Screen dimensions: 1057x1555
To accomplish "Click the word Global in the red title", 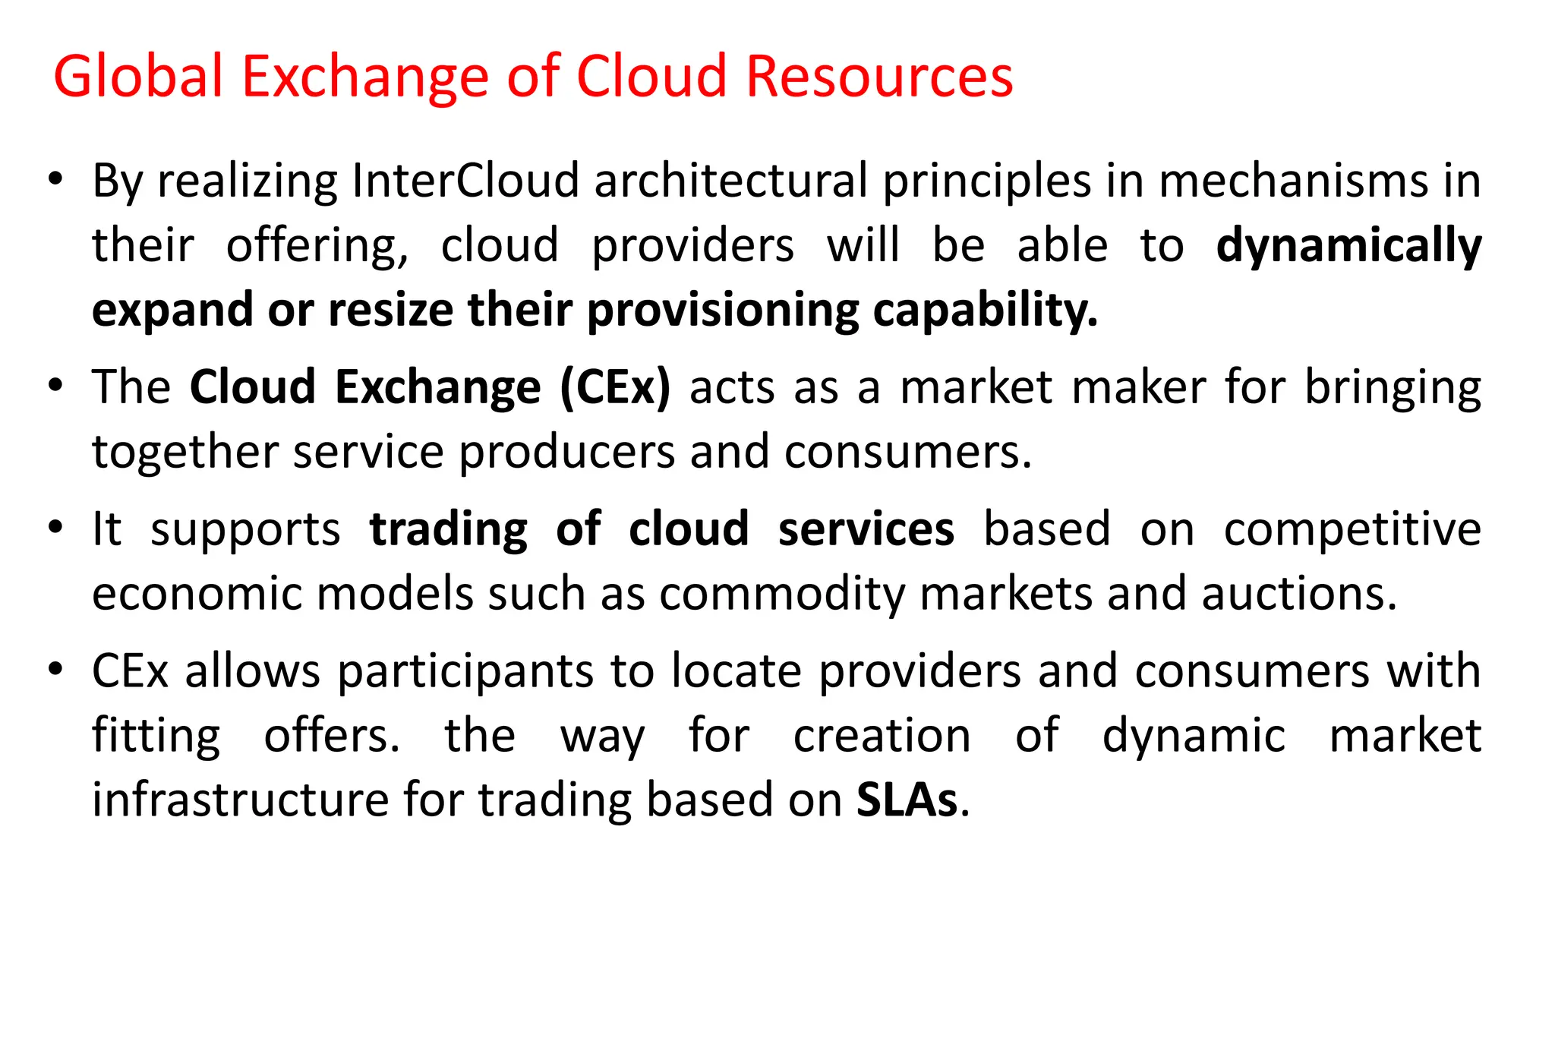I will pyautogui.click(x=138, y=76).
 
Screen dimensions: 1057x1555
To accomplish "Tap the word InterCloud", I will pyautogui.click(x=465, y=181).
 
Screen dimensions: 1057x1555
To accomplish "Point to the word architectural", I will pyautogui.click(x=730, y=181).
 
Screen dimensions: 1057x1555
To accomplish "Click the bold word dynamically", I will pyautogui.click(x=1348, y=246).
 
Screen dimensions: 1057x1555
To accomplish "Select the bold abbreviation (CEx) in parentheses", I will pyautogui.click(x=615, y=387).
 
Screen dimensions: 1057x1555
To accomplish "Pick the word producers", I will pyautogui.click(x=566, y=452).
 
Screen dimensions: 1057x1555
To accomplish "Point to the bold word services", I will pyautogui.click(x=866, y=528).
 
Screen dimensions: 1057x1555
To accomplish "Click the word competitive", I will pyautogui.click(x=1352, y=528).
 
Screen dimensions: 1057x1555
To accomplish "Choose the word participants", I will pyautogui.click(x=465, y=671).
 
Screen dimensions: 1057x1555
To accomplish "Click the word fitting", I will pyautogui.click(x=156, y=736).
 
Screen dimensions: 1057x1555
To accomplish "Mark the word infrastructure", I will pyautogui.click(x=239, y=800).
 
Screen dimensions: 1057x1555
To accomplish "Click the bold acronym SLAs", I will pyautogui.click(x=907, y=800).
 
